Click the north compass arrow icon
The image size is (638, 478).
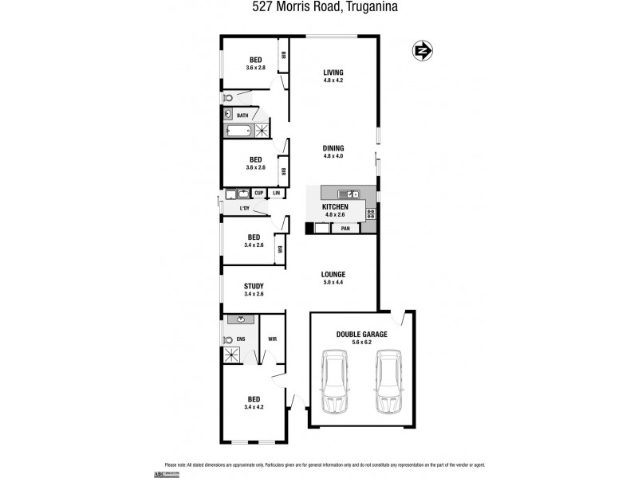pyautogui.click(x=422, y=51)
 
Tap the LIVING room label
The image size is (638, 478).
pyautogui.click(x=333, y=72)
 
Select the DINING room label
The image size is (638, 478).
pyautogui.click(x=333, y=148)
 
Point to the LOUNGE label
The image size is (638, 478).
pyautogui.click(x=333, y=275)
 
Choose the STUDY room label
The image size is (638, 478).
pyautogui.click(x=254, y=286)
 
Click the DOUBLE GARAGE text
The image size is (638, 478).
pyautogui.click(x=361, y=335)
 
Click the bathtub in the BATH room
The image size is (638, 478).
pyautogui.click(x=238, y=130)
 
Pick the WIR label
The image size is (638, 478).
pyautogui.click(x=272, y=339)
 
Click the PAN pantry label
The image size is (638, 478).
pyautogui.click(x=345, y=228)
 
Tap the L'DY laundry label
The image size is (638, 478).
pyautogui.click(x=246, y=209)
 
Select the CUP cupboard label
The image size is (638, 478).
pyautogui.click(x=258, y=193)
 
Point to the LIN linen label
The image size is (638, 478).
pyautogui.click(x=277, y=193)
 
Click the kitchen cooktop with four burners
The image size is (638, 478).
pyautogui.click(x=371, y=213)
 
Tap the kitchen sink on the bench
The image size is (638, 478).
pyautogui.click(x=349, y=194)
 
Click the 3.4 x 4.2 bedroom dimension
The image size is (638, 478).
pyautogui.click(x=254, y=407)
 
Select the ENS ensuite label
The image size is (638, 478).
pyautogui.click(x=240, y=339)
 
